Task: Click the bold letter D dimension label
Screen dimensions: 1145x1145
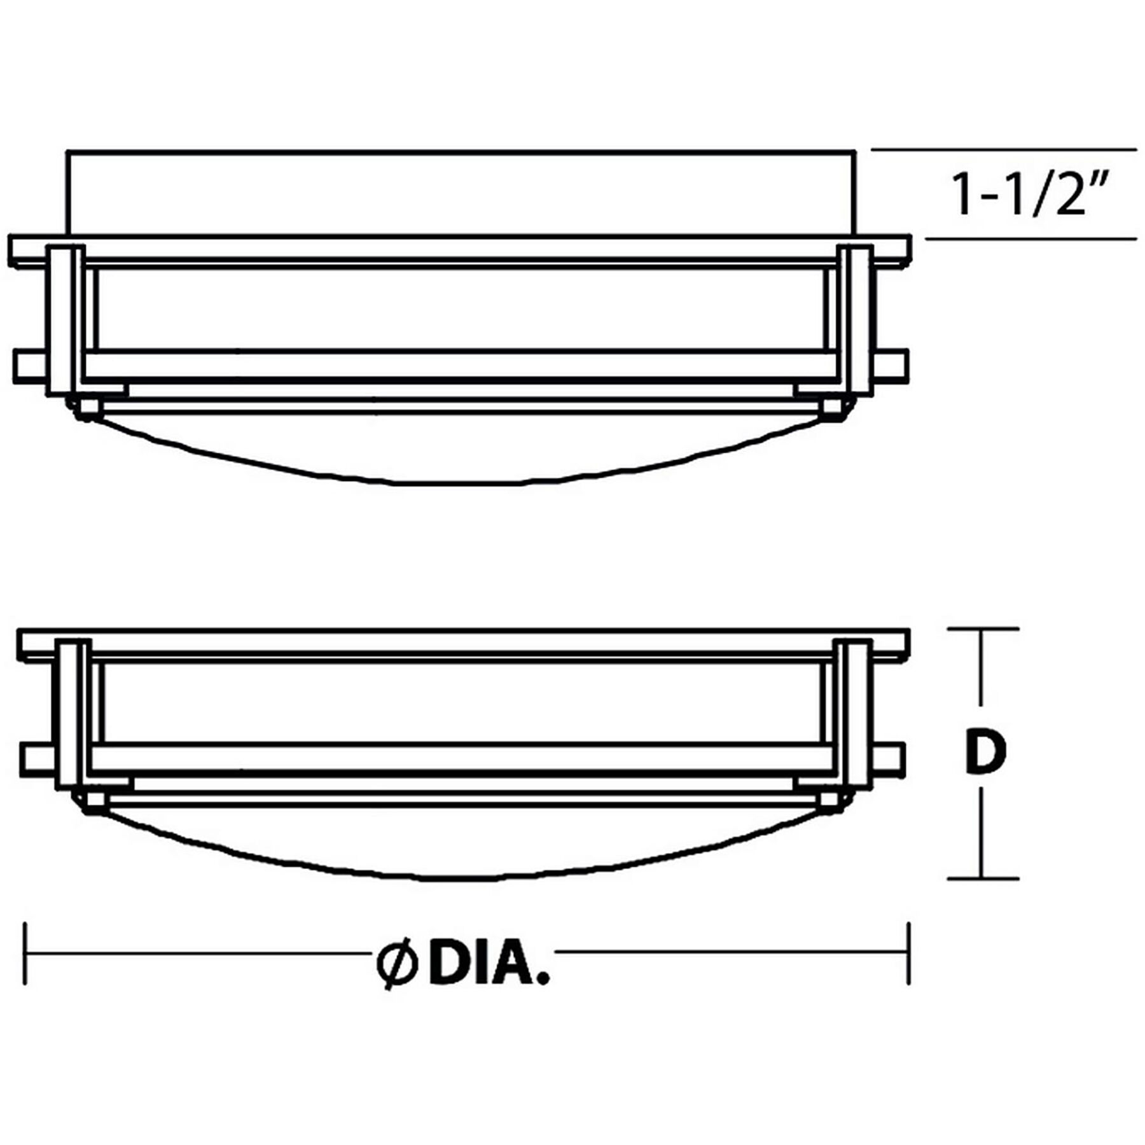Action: coord(984,753)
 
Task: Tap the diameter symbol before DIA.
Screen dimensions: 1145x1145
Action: coord(396,965)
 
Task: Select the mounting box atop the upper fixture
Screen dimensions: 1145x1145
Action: coord(461,193)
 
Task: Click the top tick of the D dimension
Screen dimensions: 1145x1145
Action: coord(982,629)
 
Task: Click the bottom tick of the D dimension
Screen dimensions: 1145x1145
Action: coord(982,878)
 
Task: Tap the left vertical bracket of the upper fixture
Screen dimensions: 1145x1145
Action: coord(65,320)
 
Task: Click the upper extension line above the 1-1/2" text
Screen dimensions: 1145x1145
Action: coord(1004,151)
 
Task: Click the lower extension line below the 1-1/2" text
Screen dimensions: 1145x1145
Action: coord(1030,240)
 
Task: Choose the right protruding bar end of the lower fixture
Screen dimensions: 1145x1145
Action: coord(887,757)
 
